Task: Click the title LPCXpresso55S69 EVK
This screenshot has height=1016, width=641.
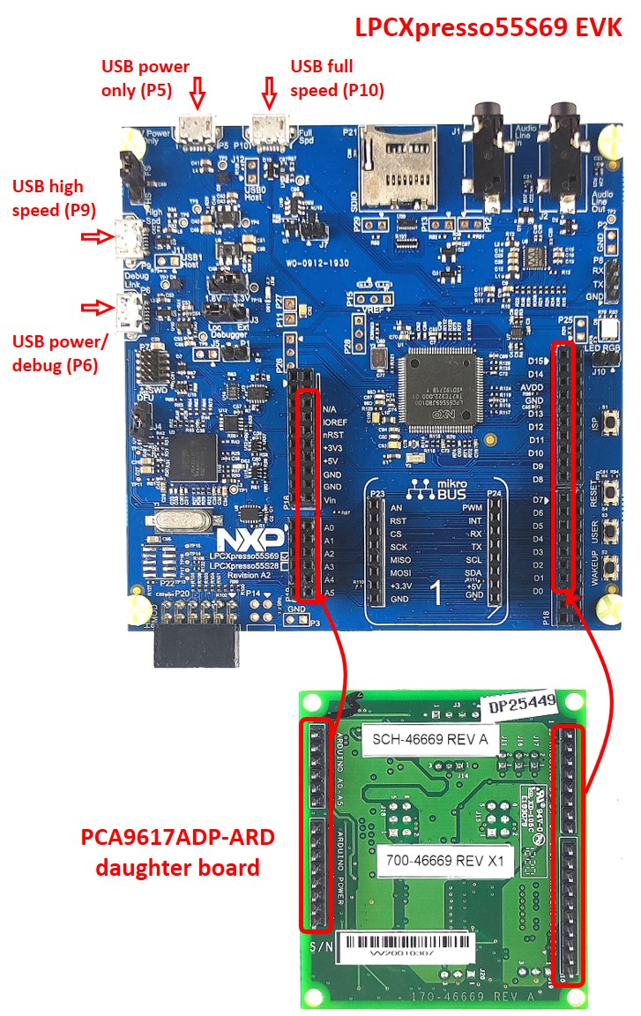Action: point(488,27)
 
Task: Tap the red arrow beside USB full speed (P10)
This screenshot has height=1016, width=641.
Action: point(270,90)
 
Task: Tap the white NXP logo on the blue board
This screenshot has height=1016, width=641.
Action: point(252,538)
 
